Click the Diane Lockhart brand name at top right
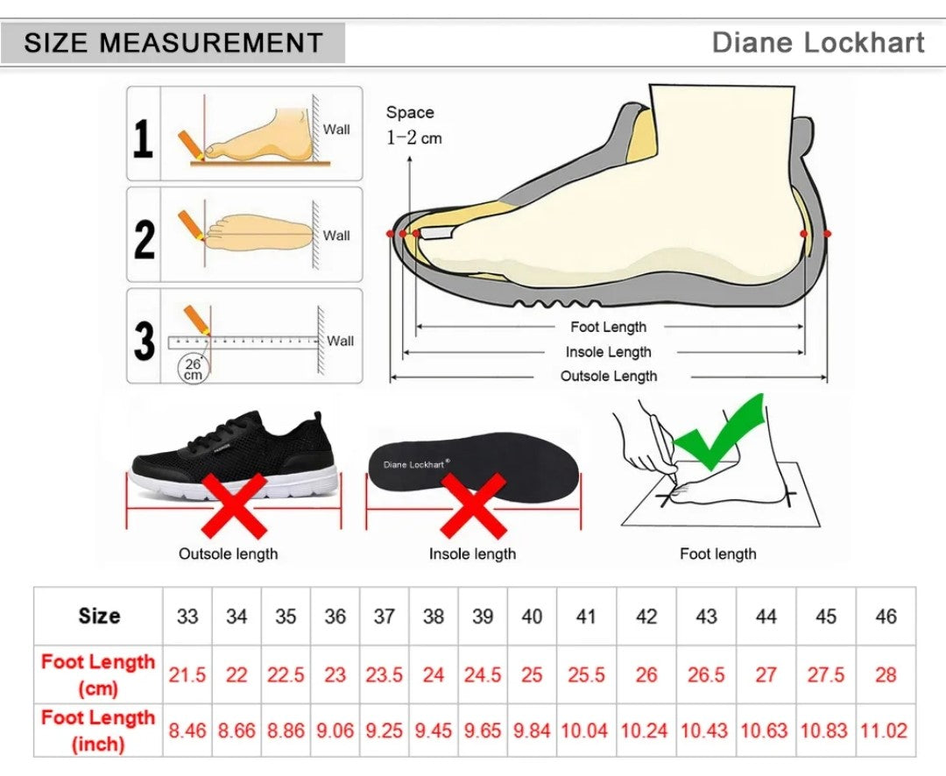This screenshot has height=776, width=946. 817,42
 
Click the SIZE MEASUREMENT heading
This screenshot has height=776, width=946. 173,43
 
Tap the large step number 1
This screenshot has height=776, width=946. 143,138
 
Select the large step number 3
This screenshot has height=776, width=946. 145,341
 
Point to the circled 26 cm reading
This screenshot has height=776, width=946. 193,369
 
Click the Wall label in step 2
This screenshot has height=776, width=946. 336,236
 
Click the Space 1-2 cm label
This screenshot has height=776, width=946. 413,125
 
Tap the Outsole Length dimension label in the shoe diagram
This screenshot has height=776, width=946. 608,376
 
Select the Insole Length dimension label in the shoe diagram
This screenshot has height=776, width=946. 608,352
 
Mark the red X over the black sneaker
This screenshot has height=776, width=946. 234,505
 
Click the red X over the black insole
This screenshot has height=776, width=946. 474,505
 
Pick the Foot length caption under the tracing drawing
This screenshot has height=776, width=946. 718,554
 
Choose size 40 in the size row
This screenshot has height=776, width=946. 532,616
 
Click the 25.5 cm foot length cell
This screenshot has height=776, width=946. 586,674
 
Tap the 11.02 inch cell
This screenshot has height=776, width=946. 884,730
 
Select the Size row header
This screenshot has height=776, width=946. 99,616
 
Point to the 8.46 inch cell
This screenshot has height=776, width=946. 187,730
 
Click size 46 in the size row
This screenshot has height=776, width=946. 886,616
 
